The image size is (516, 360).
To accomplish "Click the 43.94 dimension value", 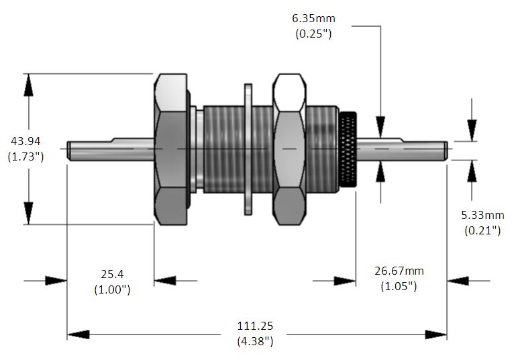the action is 25,141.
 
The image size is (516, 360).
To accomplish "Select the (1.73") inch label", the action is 25,156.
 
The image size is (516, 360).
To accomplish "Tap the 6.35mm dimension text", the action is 313,18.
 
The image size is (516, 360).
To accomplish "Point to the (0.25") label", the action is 313,34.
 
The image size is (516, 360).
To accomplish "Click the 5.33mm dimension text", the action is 482,215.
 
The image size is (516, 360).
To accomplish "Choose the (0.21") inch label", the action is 482,230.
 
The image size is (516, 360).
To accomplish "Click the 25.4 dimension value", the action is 112,274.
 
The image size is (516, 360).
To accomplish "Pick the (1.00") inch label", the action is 112,289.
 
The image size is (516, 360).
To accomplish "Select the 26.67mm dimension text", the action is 399,271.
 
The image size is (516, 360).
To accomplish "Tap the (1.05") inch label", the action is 399,286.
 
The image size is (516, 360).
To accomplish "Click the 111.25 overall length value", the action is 255,326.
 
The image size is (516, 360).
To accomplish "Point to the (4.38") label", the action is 255,341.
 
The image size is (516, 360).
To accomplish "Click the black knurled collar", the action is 348,149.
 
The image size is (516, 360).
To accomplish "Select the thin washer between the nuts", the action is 248,149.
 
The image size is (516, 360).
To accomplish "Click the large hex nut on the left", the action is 171,149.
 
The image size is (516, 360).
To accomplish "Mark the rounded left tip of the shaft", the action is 68,151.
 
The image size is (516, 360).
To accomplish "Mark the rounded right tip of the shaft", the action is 446,151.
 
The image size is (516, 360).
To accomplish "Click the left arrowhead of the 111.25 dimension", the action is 78,334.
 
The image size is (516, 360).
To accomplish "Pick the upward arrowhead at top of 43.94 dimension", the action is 29,85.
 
